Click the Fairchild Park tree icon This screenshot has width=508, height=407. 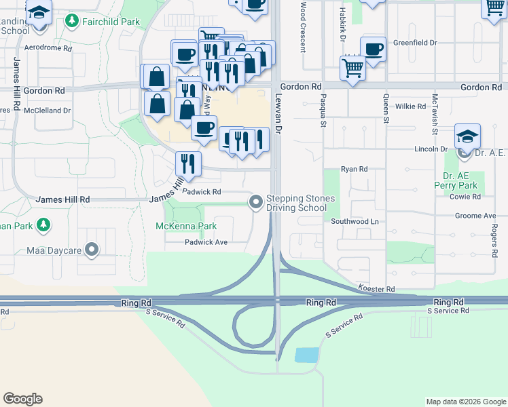coord(71,22)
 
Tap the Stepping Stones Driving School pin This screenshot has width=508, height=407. coord(256,201)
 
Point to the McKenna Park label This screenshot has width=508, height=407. coord(186,226)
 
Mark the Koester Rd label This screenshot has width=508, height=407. coord(381,289)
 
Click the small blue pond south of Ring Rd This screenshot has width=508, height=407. coord(307,355)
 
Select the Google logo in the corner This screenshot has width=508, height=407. coord(22,399)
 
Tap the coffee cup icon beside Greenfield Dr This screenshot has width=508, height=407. coord(373,50)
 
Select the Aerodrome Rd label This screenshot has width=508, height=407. coord(48,49)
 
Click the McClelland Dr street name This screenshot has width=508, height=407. coord(48,110)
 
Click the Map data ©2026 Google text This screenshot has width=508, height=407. coord(465,402)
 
